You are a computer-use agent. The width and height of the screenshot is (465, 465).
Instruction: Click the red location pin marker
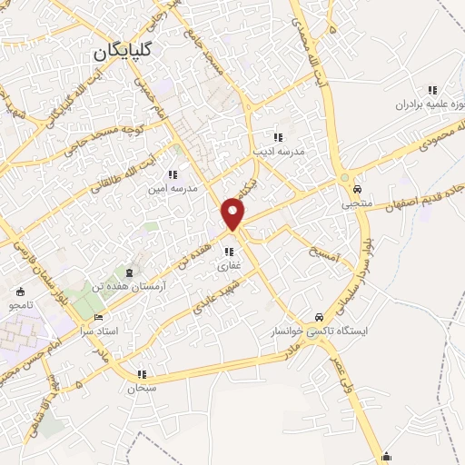(x=233, y=213)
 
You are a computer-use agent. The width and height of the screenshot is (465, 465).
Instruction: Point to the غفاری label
(x=227, y=267)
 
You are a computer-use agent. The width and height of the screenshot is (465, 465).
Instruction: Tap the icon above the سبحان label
(x=142, y=374)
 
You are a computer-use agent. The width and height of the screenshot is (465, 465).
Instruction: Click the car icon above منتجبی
(x=358, y=190)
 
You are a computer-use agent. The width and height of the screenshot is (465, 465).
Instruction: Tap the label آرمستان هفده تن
(x=127, y=285)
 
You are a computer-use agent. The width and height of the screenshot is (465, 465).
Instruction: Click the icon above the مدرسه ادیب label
(x=278, y=137)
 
